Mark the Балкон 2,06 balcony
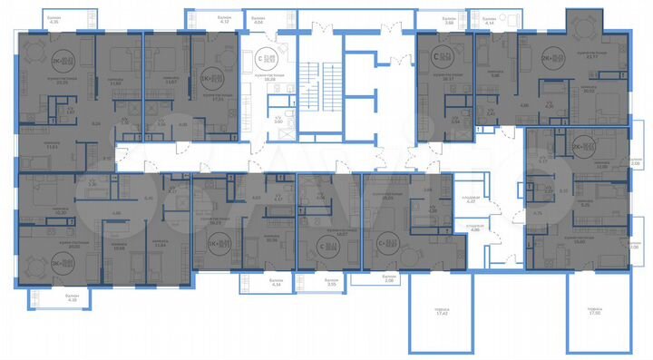click(x=388, y=280)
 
